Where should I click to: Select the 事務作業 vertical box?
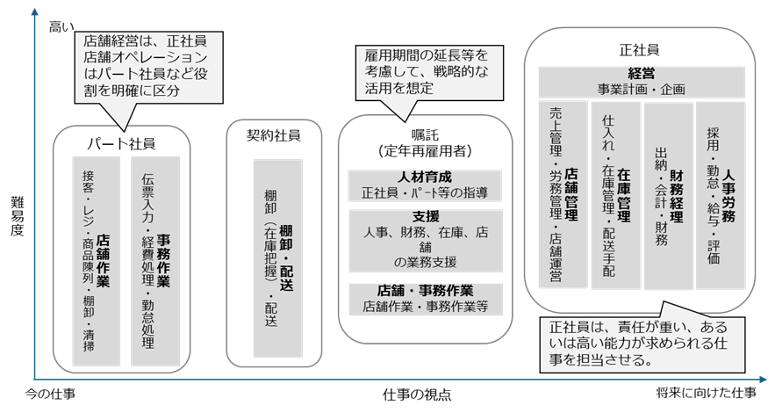(x=157, y=261)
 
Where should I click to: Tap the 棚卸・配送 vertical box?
(x=276, y=258)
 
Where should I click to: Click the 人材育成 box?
(x=425, y=185)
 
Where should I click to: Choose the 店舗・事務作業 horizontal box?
(x=425, y=299)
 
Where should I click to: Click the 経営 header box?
(x=642, y=82)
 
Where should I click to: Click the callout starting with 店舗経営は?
(x=144, y=67)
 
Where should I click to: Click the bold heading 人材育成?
(x=425, y=177)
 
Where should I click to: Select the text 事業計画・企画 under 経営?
(x=642, y=89)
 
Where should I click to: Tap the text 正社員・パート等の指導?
(x=425, y=192)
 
